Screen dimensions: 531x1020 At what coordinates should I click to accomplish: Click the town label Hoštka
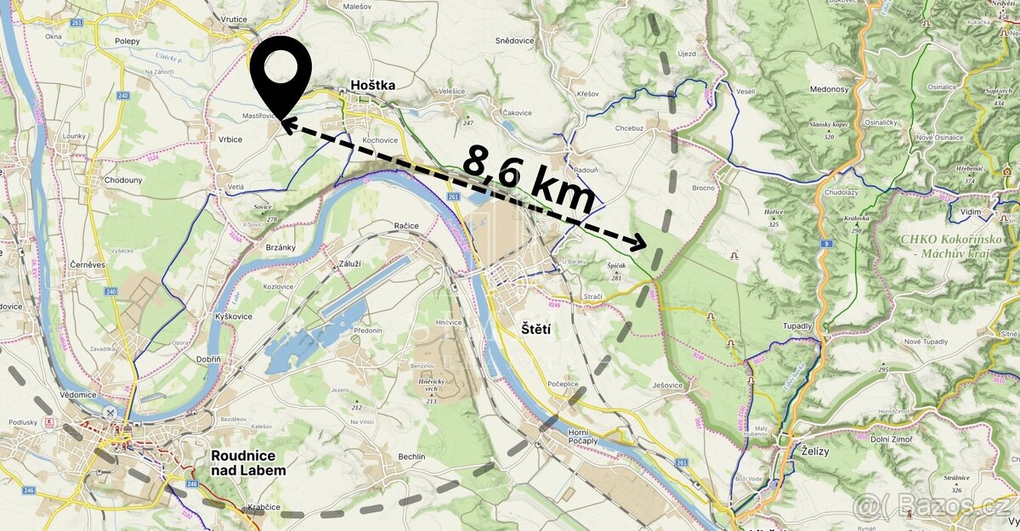373,86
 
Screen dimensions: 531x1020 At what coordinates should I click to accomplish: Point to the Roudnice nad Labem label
248,462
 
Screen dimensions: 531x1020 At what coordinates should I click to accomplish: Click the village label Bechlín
411,456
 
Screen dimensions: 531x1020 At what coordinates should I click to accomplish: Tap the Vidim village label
971,212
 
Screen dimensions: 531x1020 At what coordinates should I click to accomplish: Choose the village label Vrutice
233,19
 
